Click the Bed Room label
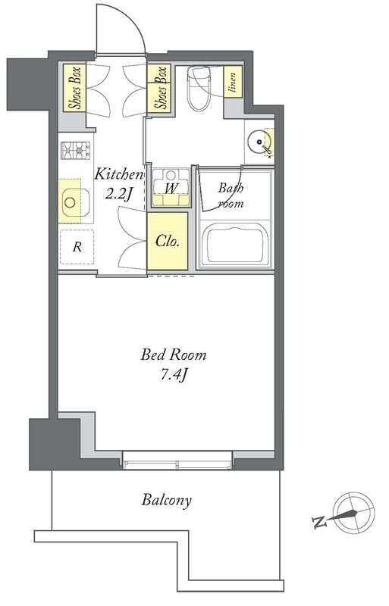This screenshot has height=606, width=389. (174, 355)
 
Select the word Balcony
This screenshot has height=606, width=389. (166, 501)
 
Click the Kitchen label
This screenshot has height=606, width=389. (119, 174)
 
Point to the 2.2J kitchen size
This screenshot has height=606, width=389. (119, 193)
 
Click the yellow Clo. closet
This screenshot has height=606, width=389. (168, 241)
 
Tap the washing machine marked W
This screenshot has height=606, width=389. (171, 187)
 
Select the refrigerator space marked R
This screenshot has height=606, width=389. (77, 247)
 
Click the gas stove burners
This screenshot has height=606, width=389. (76, 150)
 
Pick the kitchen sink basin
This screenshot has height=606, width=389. (76, 202)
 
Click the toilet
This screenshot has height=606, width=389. (199, 87)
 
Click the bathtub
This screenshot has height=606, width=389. (235, 245)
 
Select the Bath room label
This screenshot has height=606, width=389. (231, 196)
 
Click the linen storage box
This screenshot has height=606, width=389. (233, 83)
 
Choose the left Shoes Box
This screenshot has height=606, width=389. (75, 87)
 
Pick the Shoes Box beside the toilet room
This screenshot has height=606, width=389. (160, 87)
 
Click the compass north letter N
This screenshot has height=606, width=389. (319, 522)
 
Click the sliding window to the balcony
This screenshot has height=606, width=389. (177, 460)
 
